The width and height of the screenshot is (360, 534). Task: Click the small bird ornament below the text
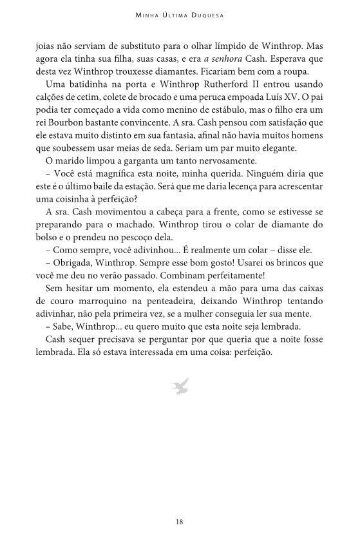[180, 386]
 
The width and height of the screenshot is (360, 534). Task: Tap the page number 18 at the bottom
[180, 521]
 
